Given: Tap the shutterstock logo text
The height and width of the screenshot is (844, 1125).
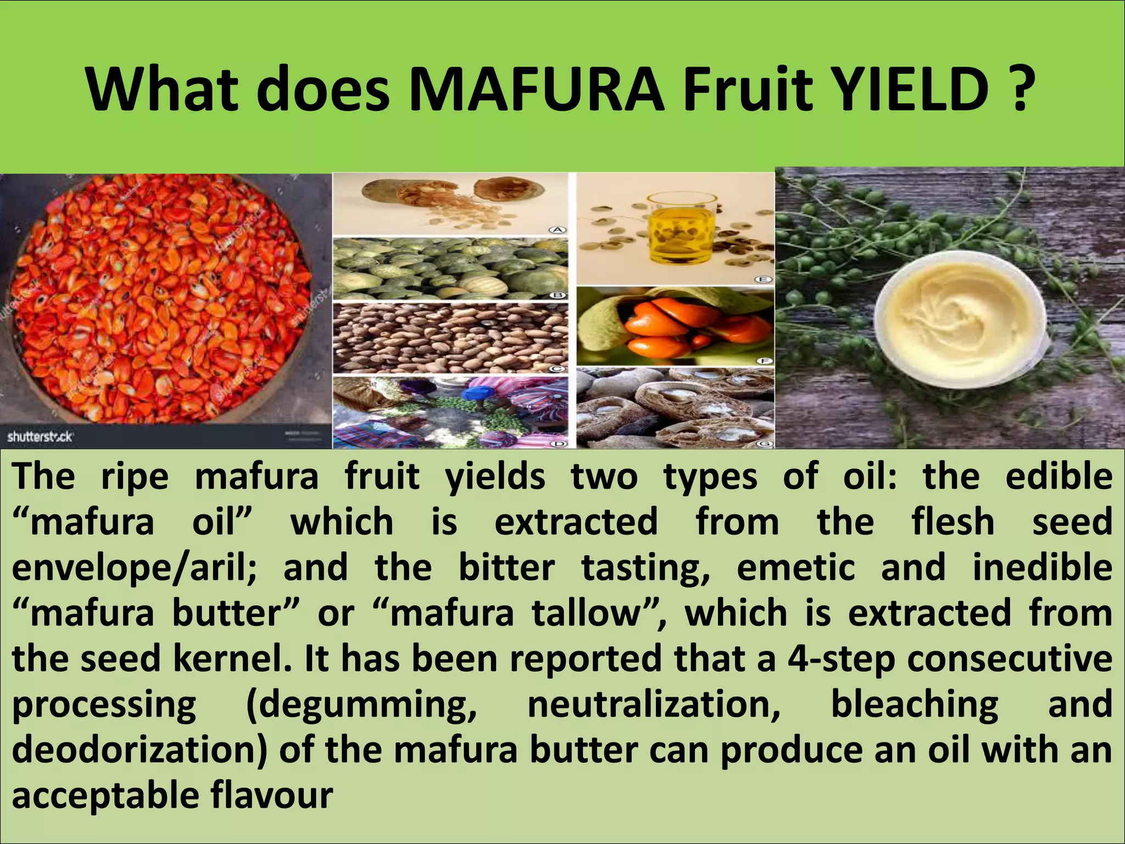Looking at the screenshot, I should [40, 437].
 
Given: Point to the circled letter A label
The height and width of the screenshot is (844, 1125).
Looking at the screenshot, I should [558, 230].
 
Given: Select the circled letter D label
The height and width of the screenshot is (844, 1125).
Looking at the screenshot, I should [558, 443].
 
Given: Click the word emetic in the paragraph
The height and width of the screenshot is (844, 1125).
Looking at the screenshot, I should [795, 568].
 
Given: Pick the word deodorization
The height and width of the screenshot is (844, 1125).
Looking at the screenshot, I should [140, 750].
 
